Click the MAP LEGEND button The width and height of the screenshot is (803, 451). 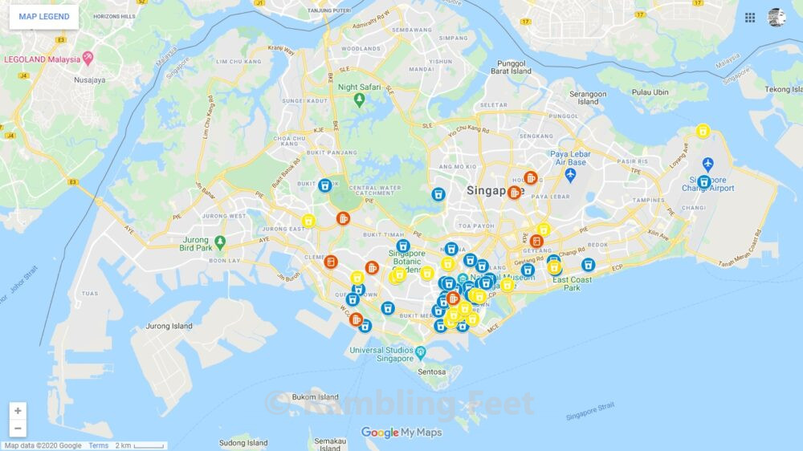(x=44, y=17)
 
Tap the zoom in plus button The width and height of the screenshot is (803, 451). (x=18, y=411)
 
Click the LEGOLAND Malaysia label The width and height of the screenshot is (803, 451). (x=42, y=59)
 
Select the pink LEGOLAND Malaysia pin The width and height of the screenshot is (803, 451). (x=88, y=59)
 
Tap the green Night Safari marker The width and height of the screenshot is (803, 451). (x=359, y=100)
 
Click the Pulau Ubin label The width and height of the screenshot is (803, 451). (x=650, y=92)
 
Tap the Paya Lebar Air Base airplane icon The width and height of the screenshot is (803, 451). (x=570, y=174)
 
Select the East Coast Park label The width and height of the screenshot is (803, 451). (x=571, y=284)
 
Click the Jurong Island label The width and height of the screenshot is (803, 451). (x=169, y=327)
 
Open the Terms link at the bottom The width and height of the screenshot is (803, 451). (x=98, y=446)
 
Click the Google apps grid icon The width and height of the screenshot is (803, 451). (x=750, y=18)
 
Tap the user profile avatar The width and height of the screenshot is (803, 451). (x=777, y=18)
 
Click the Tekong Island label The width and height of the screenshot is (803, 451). (x=783, y=90)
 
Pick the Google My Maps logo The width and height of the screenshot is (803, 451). (x=401, y=433)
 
